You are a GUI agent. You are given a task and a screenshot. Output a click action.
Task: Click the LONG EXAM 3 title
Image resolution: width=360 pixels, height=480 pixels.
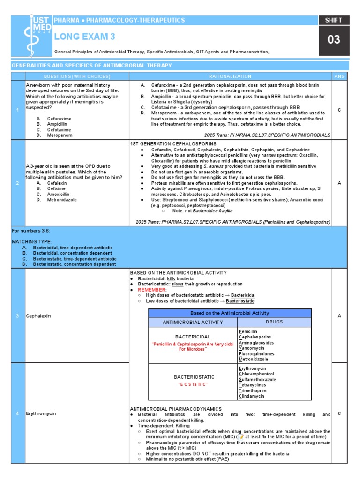pyautogui.click(x=85, y=37)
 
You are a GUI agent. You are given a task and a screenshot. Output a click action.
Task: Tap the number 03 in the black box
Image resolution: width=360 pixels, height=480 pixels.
pyautogui.click(x=334, y=39)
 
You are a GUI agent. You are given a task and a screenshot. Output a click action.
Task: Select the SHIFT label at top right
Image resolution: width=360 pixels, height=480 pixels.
pyautogui.click(x=334, y=20)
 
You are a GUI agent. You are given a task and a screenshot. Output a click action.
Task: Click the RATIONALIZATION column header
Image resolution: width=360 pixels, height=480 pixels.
pyautogui.click(x=230, y=76)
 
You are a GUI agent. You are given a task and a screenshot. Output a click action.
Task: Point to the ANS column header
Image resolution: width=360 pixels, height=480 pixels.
pyautogui.click(x=339, y=76)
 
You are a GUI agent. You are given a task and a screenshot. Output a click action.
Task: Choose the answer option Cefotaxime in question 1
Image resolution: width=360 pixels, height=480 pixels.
pyautogui.click(x=60, y=129)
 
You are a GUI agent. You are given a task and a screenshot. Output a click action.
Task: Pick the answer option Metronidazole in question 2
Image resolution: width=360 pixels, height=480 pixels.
pyautogui.click(x=61, y=200)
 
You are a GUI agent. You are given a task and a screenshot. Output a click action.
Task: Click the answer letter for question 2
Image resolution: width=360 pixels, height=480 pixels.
pyautogui.click(x=339, y=183)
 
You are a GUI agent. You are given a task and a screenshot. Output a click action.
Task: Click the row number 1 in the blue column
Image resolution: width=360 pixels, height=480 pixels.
pyautogui.click(x=17, y=110)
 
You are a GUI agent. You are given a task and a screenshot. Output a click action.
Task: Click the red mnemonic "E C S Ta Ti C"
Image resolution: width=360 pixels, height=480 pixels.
pyautogui.click(x=193, y=384)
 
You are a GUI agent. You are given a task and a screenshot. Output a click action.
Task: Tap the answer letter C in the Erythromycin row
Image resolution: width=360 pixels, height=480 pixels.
pyautogui.click(x=339, y=413)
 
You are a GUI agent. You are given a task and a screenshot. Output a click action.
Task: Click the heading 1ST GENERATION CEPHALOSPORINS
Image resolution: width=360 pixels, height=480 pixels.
pyautogui.click(x=173, y=143)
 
